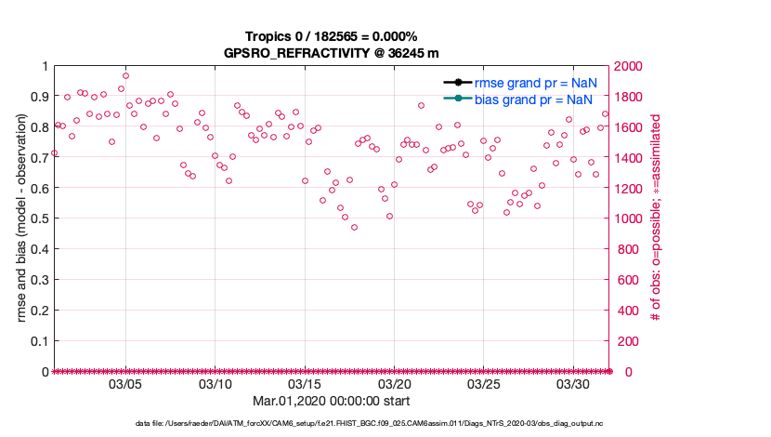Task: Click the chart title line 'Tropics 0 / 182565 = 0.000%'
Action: pyautogui.click(x=333, y=36)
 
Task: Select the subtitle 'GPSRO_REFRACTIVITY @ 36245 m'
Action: pyautogui.click(x=332, y=53)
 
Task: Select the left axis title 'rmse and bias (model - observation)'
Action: pyautogui.click(x=21, y=218)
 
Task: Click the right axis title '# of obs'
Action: pyautogui.click(x=656, y=218)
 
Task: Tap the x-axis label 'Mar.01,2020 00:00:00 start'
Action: pyautogui.click(x=332, y=401)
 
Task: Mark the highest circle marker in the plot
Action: pyautogui.click(x=125, y=76)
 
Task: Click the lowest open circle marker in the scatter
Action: pyautogui.click(x=354, y=227)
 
